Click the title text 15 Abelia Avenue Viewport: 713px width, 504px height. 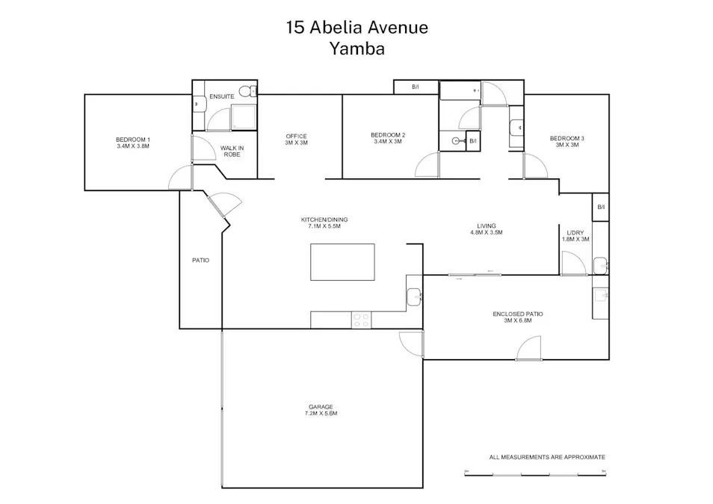coord(356,28)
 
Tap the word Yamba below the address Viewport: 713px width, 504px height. coord(356,49)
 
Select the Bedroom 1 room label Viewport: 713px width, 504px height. coord(133,143)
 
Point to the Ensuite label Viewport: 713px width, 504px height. coord(222,97)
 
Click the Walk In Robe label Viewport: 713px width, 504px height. coord(232,152)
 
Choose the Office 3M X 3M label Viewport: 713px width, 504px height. coord(297,139)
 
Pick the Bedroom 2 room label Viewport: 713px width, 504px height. coord(388,138)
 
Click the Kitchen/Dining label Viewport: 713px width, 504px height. coord(324,223)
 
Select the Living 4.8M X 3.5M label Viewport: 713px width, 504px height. coord(487,229)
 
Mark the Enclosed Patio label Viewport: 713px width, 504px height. coord(518,317)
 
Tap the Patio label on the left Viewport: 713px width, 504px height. coord(200,261)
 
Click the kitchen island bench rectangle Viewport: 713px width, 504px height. coord(342,261)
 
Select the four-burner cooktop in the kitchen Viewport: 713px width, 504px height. coord(362,320)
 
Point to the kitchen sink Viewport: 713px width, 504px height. coord(415,297)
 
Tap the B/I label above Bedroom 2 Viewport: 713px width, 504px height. coord(416,87)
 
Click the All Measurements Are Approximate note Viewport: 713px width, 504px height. coord(547,457)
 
